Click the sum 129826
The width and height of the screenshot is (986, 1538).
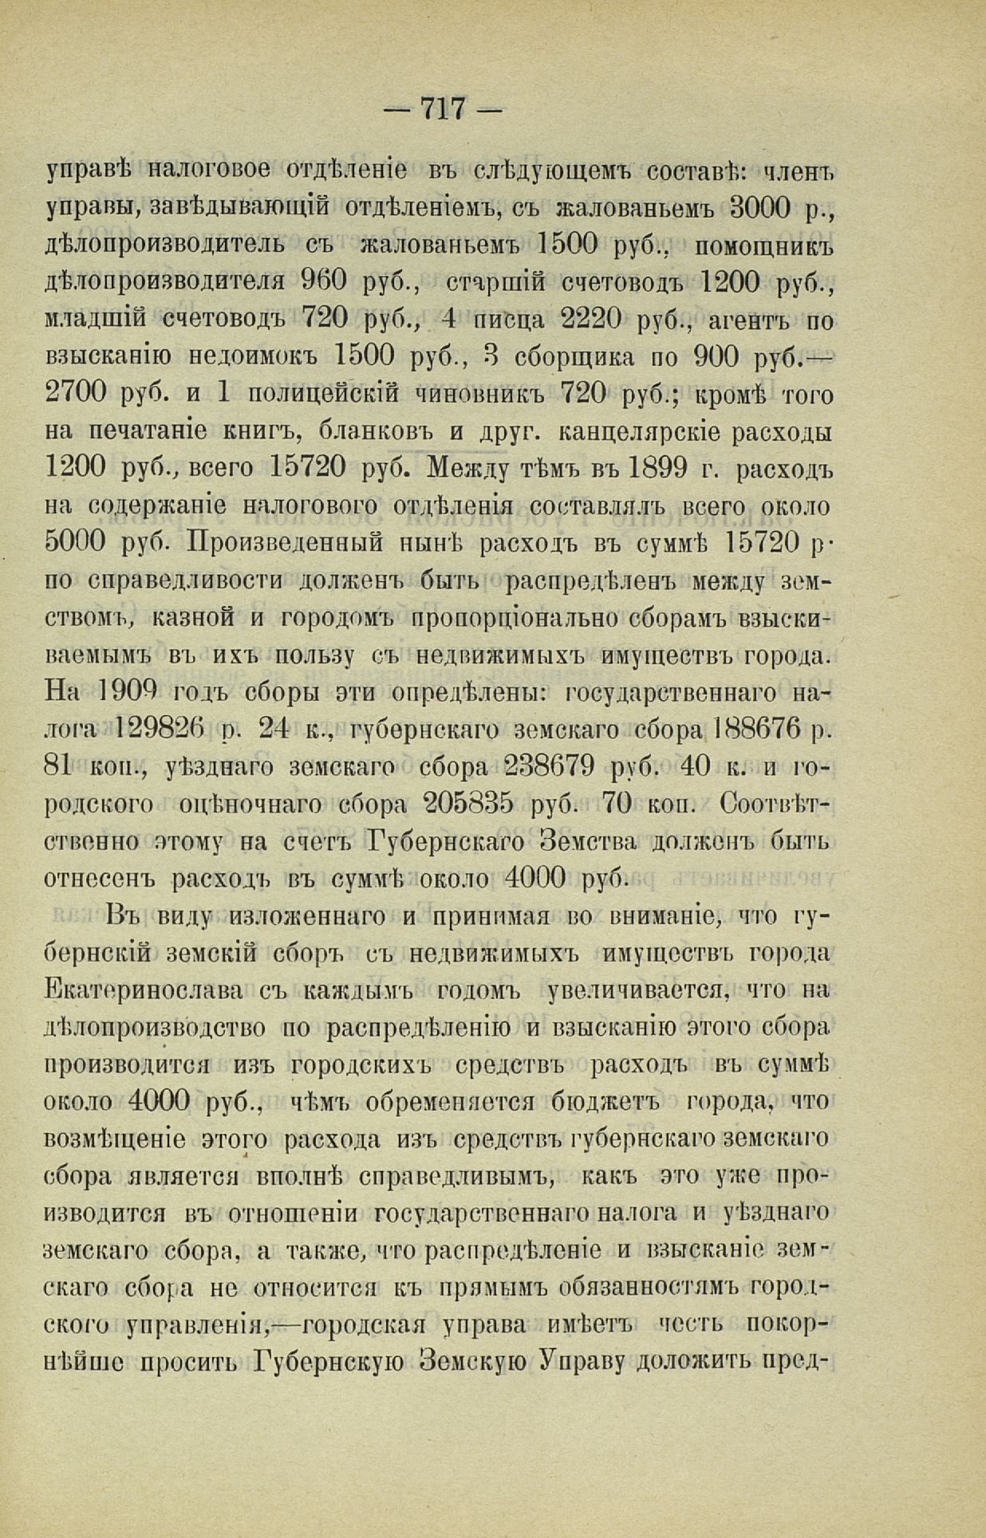(x=160, y=728)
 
